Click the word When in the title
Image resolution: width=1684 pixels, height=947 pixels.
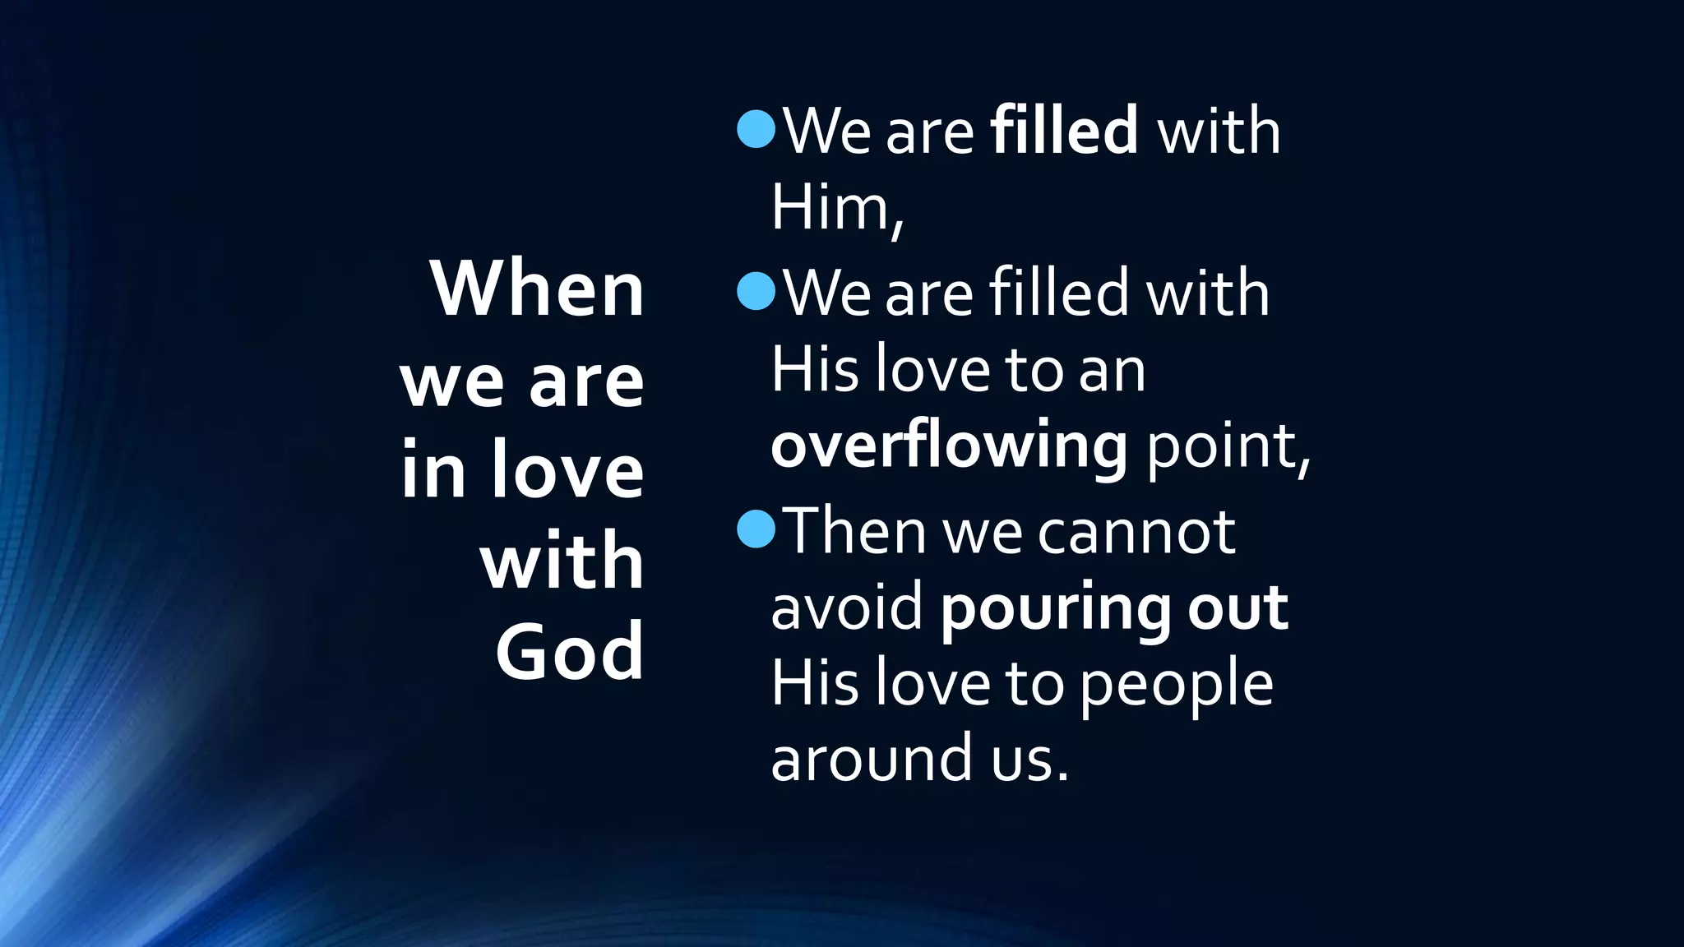(537, 289)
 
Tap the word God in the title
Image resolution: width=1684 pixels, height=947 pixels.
(569, 651)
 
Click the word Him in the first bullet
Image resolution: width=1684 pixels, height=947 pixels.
(830, 207)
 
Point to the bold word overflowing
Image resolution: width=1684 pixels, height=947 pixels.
(949, 446)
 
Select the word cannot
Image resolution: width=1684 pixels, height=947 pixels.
(1136, 531)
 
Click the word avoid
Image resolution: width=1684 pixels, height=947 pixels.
(847, 607)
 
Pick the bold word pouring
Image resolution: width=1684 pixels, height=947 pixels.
(1055, 608)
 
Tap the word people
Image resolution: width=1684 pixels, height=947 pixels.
(1176, 684)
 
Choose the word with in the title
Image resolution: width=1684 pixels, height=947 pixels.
(562, 561)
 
